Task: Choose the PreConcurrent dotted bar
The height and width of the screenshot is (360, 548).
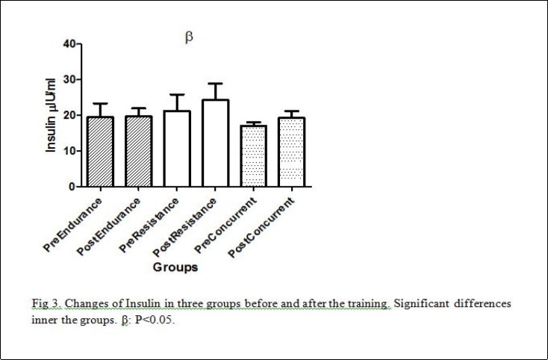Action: tap(254, 156)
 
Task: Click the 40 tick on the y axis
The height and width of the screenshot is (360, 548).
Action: tap(68, 43)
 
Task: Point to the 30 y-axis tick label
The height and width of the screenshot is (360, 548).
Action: tap(68, 79)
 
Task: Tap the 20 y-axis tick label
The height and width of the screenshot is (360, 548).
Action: tap(68, 115)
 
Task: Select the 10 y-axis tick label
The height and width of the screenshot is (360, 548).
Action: tap(68, 151)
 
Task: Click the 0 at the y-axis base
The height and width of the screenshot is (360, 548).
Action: tap(71, 186)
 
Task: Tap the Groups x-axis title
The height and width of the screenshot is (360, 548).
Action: tap(175, 266)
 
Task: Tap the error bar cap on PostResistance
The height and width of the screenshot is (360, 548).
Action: tap(215, 84)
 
